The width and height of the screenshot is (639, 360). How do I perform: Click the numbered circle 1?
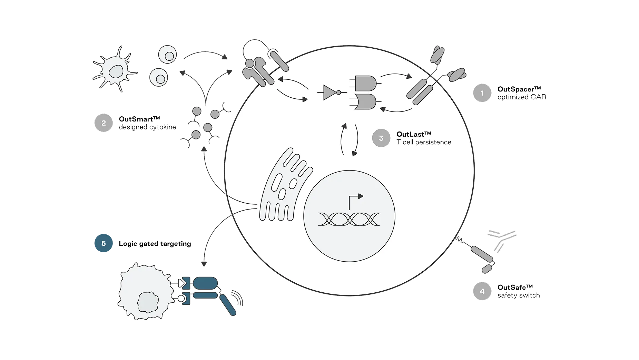pos(482,93)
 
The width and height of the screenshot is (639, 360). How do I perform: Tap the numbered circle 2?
pos(104,123)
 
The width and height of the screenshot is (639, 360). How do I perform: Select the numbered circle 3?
pos(381,138)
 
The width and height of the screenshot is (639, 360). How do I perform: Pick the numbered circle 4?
pos(482,291)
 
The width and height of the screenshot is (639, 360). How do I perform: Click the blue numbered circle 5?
pos(104,244)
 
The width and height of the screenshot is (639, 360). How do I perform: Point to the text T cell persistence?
pos(424,142)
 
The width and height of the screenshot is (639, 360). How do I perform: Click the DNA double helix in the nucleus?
pos(349,219)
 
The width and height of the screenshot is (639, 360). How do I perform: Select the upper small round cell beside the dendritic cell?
pos(167,55)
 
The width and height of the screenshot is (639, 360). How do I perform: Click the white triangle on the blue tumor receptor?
pos(180,283)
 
